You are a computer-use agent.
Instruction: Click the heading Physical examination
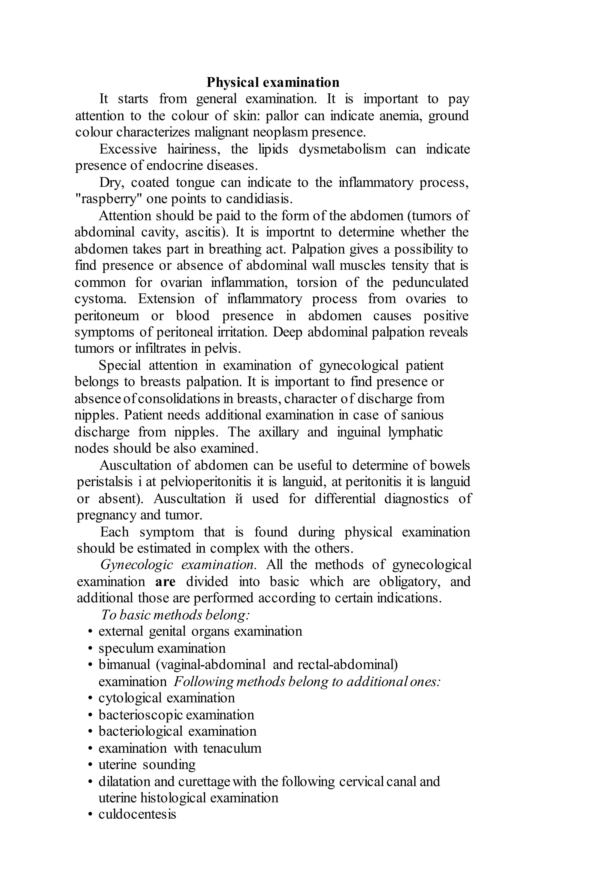273,82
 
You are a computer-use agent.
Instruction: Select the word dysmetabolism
342,149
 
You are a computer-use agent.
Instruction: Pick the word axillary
278,432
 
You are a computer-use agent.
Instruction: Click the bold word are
165,582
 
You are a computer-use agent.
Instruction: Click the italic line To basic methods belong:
175,615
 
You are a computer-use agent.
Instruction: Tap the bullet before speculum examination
90,649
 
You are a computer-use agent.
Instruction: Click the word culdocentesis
137,815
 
